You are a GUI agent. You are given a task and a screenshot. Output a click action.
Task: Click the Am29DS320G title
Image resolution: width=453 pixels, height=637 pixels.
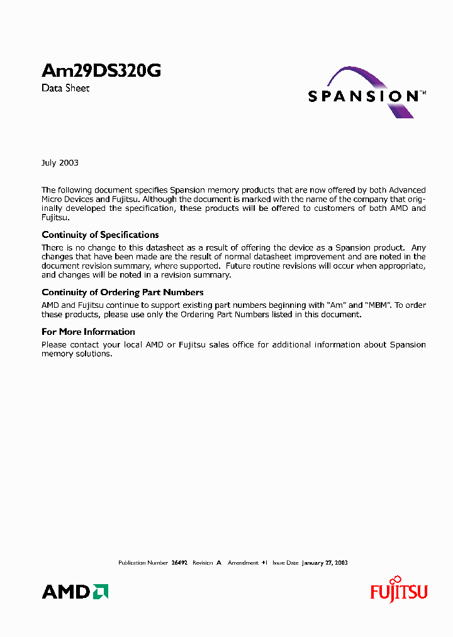coord(101,72)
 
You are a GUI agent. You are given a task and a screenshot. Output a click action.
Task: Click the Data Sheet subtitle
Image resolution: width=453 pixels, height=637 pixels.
coord(65,89)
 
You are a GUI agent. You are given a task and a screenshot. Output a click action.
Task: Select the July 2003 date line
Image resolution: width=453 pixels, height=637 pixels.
coord(60,162)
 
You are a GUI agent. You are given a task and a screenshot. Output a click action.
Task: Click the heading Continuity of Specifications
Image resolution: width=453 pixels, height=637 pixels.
coord(100,235)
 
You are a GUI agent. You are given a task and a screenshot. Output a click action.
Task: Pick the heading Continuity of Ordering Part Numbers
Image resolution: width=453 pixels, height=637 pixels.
coord(122,292)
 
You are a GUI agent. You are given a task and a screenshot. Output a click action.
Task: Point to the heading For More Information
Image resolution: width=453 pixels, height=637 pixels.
coord(88,332)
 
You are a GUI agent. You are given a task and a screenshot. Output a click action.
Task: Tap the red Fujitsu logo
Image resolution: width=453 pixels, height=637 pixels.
coord(398,591)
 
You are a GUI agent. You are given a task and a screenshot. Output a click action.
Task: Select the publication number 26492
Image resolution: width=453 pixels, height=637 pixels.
coord(179,563)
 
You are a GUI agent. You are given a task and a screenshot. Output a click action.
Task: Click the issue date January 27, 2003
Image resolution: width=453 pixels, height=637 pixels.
coord(325,563)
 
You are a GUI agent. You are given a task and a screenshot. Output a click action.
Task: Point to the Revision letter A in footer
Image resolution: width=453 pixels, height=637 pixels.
coord(218,563)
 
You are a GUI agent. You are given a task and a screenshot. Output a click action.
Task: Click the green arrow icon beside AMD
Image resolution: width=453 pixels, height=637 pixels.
coord(100,592)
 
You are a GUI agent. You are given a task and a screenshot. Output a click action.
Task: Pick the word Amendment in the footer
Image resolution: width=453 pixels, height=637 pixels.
coord(243,563)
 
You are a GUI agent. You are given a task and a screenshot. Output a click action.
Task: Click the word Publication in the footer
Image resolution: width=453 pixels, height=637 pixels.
coord(132,563)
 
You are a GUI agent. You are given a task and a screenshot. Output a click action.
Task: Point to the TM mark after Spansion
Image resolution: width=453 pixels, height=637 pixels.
coord(423,93)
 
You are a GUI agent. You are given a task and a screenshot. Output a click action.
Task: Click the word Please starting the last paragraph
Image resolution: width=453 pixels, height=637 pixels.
coord(54,345)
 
